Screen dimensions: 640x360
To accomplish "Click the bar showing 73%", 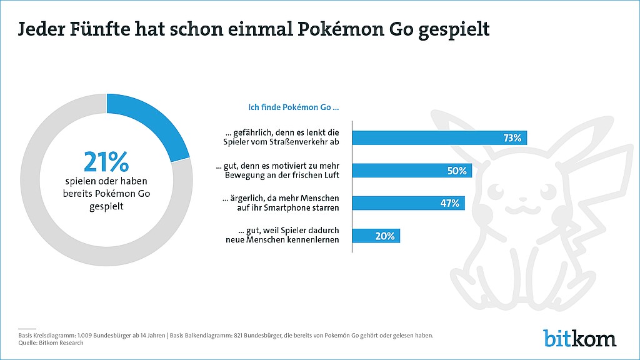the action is coord(439,138).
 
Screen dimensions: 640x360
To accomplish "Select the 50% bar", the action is coord(412,171).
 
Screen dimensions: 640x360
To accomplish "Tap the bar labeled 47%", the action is coord(409,203).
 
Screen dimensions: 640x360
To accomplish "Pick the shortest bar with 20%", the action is coord(376,236).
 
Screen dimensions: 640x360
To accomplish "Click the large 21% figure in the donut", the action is coord(106,162).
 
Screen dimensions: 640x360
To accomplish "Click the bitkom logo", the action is coord(579,338).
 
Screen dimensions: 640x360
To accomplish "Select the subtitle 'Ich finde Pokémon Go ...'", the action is coord(294,107).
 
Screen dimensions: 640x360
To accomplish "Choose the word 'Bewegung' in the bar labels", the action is coord(242,175).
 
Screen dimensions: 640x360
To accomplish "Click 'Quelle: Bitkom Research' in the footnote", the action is coord(51,343).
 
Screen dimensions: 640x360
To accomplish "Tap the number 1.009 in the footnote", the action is coord(84,336).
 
